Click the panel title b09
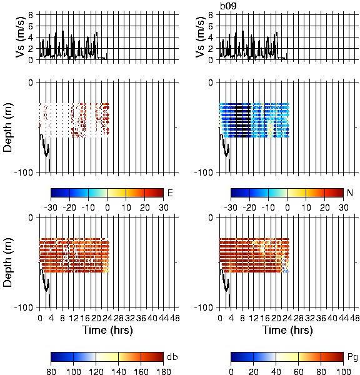(x=228, y=6)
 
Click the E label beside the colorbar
(x=170, y=192)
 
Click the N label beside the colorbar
(x=350, y=192)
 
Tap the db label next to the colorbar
(x=172, y=357)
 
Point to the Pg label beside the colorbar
(x=352, y=357)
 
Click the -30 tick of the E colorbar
(x=51, y=207)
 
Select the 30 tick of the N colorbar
(x=343, y=207)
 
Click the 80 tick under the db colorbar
(x=51, y=371)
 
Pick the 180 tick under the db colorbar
(x=163, y=371)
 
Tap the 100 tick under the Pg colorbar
(x=344, y=371)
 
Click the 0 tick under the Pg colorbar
(x=231, y=371)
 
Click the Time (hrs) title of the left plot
(x=107, y=330)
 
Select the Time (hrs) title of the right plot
(x=287, y=330)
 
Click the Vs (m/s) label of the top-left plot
(x=21, y=37)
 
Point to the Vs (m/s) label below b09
(x=201, y=37)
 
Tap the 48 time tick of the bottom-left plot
(x=174, y=318)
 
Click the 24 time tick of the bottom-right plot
(x=287, y=318)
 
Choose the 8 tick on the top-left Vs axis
(x=31, y=15)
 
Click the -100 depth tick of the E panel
(x=24, y=172)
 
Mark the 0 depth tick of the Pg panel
(x=211, y=217)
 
